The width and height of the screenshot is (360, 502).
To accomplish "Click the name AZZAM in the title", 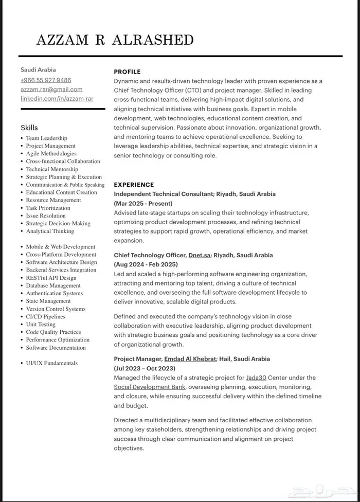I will pyautogui.click(x=63, y=40).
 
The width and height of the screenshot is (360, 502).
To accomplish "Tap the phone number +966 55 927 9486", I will pyautogui.click(x=46, y=80).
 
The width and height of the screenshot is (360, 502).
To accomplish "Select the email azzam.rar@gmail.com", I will pyautogui.click(x=51, y=89).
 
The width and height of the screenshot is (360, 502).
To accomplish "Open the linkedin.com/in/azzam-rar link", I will pyautogui.click(x=57, y=98).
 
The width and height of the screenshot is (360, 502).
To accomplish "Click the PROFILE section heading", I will pyautogui.click(x=127, y=72).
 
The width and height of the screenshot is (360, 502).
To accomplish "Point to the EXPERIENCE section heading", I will pyautogui.click(x=134, y=185).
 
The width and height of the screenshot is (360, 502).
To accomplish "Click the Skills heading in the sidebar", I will pyautogui.click(x=29, y=128).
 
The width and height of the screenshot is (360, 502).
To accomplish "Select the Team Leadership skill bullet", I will pyautogui.click(x=47, y=138).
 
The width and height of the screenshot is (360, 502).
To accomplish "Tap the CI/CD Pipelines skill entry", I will pyautogui.click(x=46, y=317).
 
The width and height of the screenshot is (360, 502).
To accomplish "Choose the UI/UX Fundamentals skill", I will pyautogui.click(x=52, y=363).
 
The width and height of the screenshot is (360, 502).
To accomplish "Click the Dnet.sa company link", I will pyautogui.click(x=200, y=255).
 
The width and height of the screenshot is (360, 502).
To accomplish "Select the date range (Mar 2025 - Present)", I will pyautogui.click(x=143, y=204).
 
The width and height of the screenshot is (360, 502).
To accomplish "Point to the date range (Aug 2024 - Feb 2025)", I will pyautogui.click(x=146, y=265).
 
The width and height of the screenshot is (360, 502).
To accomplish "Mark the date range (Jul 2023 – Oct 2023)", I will pyautogui.click(x=145, y=368).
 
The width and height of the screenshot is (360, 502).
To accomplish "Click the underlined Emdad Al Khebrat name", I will pyautogui.click(x=190, y=359).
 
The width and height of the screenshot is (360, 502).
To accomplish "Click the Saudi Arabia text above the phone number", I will pyautogui.click(x=38, y=70).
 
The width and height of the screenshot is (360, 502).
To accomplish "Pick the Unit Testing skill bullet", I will pyautogui.click(x=41, y=325).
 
